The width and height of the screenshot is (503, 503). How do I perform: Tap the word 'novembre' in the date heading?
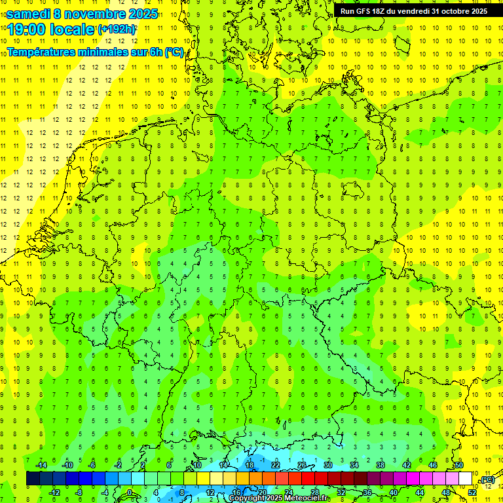(92, 14)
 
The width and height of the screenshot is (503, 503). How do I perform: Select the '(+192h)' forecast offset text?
(116, 29)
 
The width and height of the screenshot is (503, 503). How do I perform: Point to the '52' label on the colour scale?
(472, 493)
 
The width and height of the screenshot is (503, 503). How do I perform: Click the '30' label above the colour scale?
(328, 464)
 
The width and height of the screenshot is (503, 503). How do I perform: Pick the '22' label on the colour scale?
(276, 464)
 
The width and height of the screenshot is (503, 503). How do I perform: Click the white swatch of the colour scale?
(466, 479)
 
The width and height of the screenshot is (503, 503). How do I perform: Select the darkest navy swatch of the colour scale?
(33, 479)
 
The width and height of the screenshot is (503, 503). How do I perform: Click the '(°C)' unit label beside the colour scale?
(487, 479)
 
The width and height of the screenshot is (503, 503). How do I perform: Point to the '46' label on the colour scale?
(433, 464)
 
